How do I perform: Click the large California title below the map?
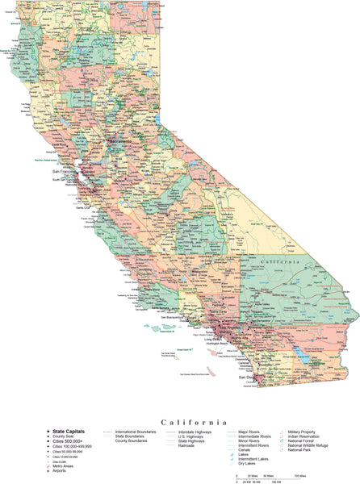click(x=194, y=421)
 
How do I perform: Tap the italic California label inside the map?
click(x=281, y=262)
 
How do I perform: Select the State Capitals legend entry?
click(x=70, y=432)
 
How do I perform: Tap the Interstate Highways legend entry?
click(x=195, y=432)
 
